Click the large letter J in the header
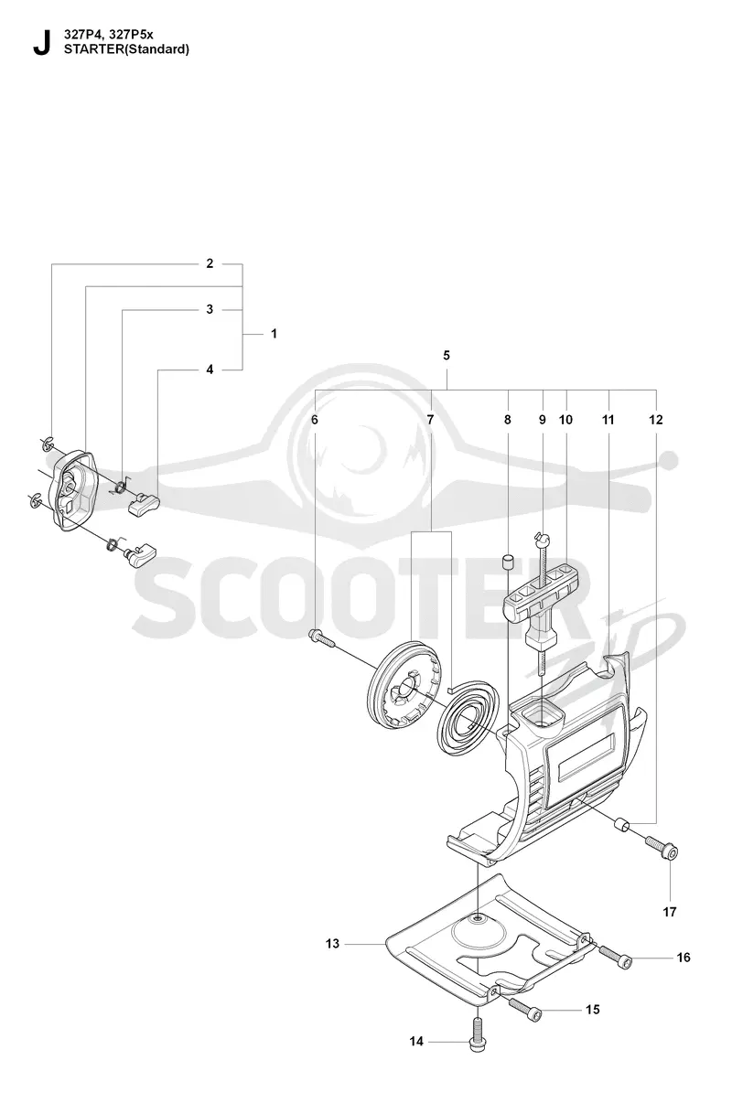41,43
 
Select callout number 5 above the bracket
447,355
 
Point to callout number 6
315,420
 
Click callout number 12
656,420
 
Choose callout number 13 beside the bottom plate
332,944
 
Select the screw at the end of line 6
321,638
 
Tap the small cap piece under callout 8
507,562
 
